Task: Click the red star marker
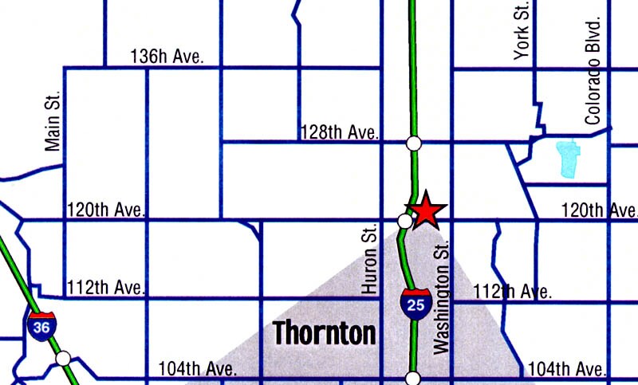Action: pos(426,210)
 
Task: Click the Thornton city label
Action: pos(325,332)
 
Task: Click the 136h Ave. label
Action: pos(167,57)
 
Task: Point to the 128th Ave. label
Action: pos(339,132)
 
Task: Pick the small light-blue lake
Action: pos(567,157)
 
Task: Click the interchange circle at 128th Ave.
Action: pos(413,143)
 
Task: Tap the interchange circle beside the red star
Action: pos(404,220)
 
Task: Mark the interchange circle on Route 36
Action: pos(64,359)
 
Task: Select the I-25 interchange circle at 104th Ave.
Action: pos(413,378)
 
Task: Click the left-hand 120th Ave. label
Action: pos(107,210)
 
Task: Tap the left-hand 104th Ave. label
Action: pos(197,369)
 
